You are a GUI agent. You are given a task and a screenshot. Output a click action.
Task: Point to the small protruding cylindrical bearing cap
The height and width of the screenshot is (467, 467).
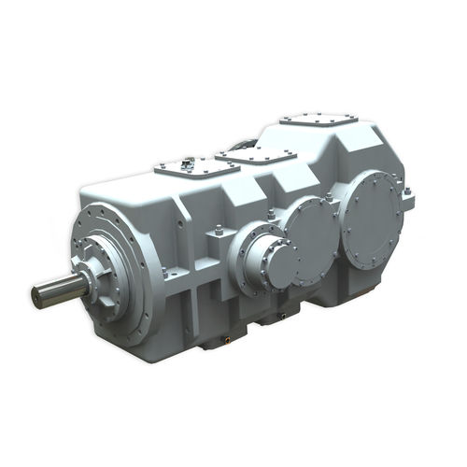coord(271,264)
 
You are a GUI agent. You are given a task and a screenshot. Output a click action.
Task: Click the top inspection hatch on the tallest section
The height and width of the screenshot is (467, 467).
coord(318,125)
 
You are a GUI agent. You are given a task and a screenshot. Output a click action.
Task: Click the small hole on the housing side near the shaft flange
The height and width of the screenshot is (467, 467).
coord(164,273)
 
